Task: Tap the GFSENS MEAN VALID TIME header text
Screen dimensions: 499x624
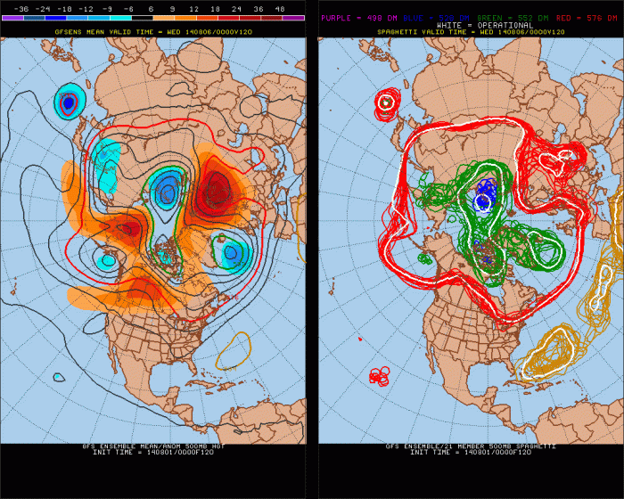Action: click(154, 32)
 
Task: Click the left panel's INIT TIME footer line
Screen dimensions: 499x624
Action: click(154, 453)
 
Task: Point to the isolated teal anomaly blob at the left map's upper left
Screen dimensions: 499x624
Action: click(69, 103)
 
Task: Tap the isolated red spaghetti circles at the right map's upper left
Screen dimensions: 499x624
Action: click(386, 102)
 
